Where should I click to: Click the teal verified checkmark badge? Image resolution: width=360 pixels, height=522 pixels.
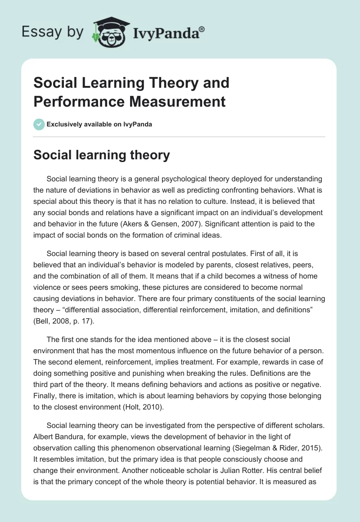coord(39,124)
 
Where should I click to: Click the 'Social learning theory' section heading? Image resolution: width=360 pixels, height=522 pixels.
coord(102,155)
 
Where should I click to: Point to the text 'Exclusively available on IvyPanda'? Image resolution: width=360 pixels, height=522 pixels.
coord(100,124)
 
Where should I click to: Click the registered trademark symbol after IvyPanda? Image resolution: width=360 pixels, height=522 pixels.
coord(202,28)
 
